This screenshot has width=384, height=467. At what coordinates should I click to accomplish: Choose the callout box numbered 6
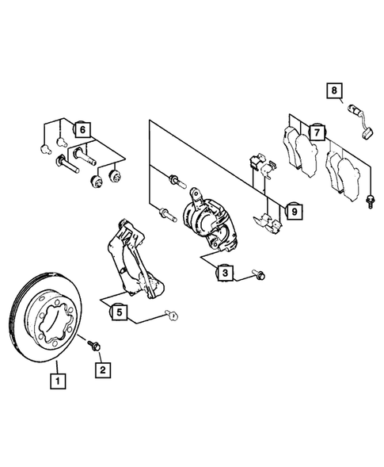(x=82, y=128)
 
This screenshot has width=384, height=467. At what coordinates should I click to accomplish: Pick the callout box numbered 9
(x=293, y=211)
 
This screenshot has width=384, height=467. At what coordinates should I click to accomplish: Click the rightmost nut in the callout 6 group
(x=118, y=175)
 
